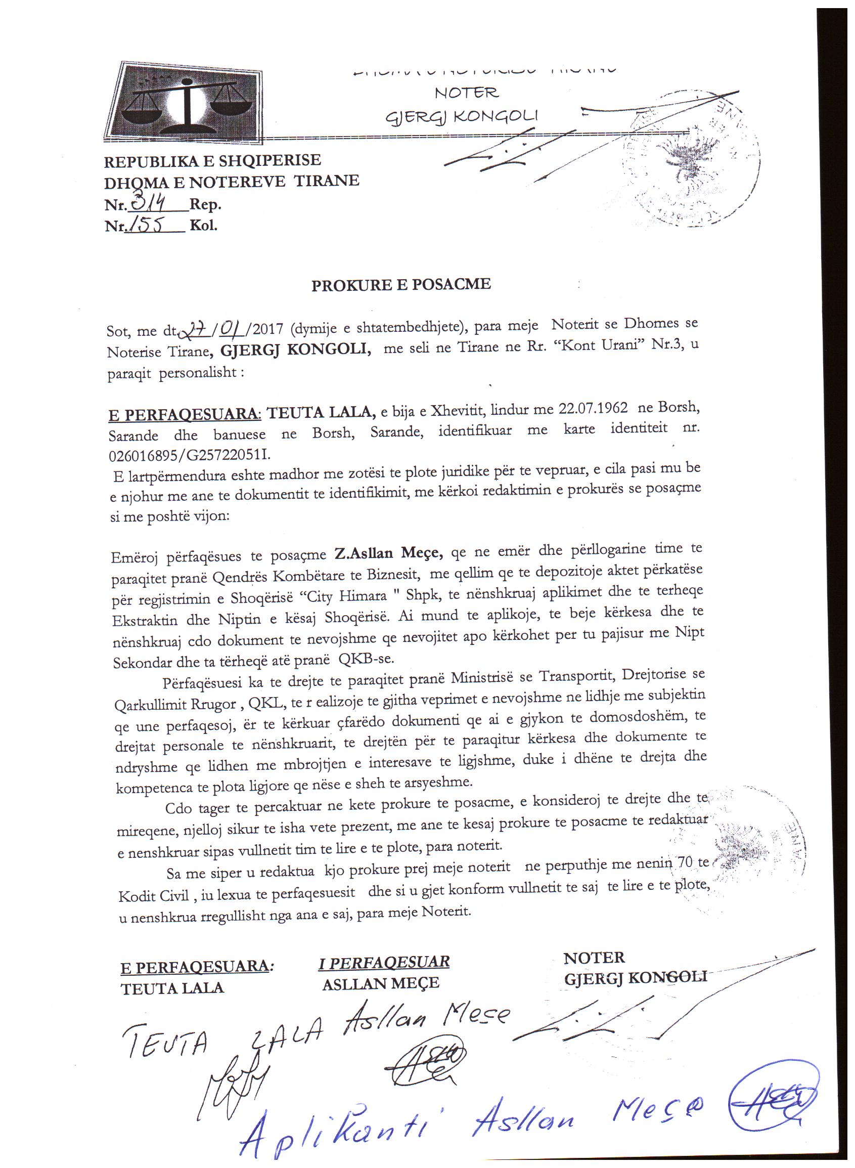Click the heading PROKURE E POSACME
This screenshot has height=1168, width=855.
point(400,285)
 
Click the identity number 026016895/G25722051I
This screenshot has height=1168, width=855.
point(190,455)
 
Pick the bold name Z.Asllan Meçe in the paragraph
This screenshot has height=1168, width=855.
point(388,553)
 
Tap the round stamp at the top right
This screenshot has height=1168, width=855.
point(691,160)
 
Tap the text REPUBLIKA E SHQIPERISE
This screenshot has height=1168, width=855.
point(212,160)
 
